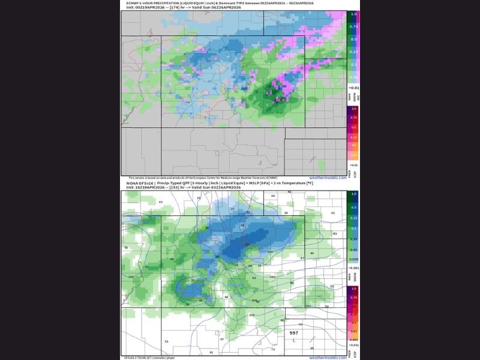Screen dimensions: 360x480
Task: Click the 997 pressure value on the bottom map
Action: point(293,332)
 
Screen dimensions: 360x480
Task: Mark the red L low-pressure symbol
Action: point(293,340)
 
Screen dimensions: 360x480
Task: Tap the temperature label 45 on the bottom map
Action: point(161,202)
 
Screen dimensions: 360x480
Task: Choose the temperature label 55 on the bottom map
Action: point(332,286)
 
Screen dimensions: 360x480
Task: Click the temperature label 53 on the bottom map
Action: point(146,266)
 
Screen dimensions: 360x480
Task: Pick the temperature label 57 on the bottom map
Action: point(222,339)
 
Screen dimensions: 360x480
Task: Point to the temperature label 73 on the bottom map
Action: point(273,349)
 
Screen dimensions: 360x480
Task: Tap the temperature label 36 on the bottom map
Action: point(286,213)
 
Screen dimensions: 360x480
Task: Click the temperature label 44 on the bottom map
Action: point(172,259)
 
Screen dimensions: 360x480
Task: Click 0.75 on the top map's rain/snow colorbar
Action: point(354,26)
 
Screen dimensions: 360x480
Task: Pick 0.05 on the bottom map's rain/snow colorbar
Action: point(354,238)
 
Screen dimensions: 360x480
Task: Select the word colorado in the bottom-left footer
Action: point(158,358)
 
